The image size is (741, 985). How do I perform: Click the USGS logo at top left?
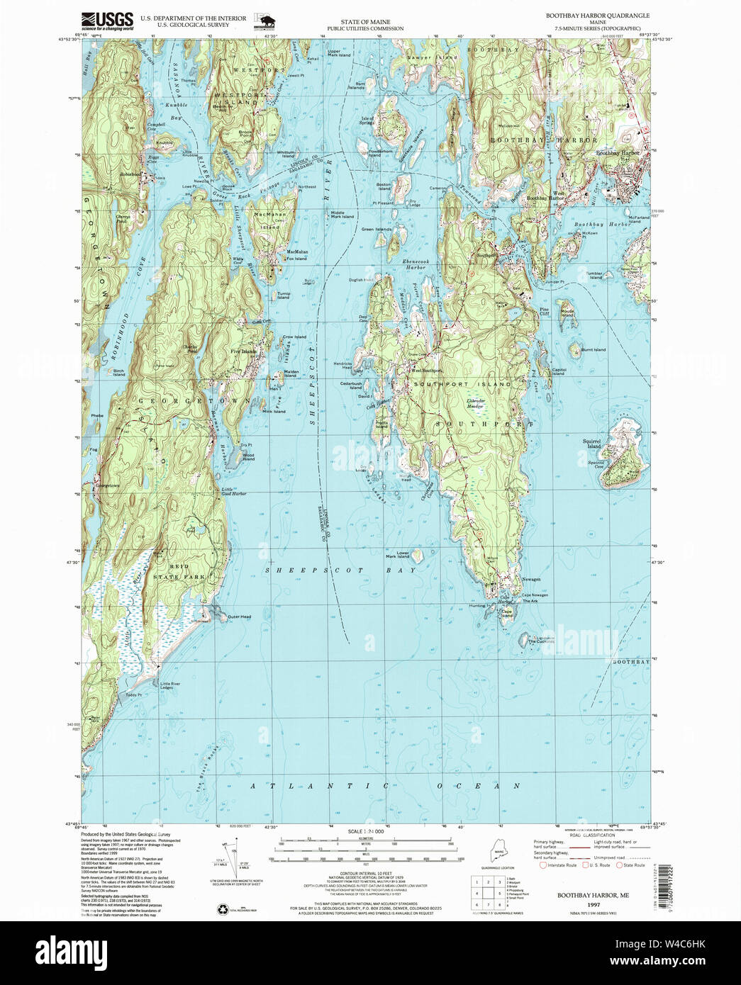tap(107, 20)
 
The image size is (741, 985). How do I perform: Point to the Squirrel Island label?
tap(592, 443)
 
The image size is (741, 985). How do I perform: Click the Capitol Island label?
tap(559, 371)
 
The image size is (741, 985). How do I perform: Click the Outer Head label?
tap(239, 617)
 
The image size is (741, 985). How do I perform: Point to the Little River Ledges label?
tap(171, 686)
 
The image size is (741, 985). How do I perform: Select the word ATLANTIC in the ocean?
tap(321, 786)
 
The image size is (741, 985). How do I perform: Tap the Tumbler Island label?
tap(594, 275)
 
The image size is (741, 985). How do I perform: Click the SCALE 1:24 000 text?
tap(365, 831)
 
